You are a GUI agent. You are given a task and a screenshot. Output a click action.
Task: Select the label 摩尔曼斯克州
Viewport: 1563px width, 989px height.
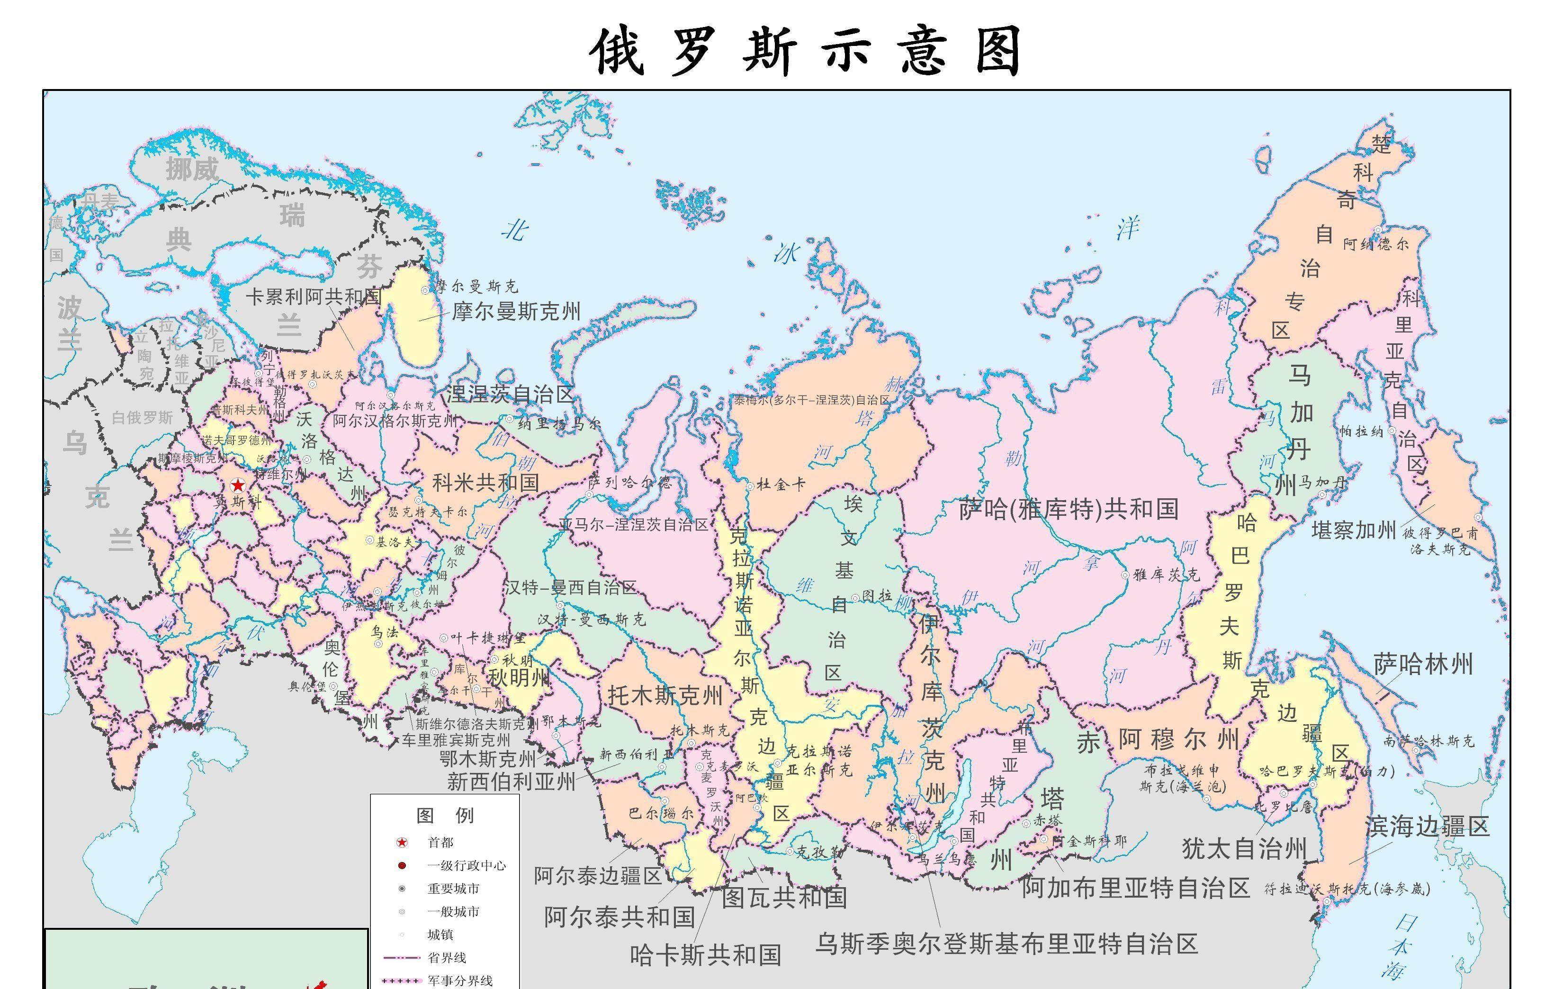516,312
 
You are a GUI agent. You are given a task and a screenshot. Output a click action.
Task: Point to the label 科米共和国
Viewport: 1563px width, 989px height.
485,482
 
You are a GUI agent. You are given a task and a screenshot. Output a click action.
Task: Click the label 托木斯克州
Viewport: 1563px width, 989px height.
665,696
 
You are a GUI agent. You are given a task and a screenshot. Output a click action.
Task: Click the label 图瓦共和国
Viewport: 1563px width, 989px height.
784,898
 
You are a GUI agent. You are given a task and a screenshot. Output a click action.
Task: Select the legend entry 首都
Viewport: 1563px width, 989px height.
440,842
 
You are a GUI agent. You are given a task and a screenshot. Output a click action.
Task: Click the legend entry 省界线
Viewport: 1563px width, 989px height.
447,957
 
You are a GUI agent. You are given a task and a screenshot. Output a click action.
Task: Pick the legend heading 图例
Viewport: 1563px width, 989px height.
445,815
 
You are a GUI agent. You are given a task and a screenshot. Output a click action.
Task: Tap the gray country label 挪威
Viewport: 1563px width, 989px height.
192,170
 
